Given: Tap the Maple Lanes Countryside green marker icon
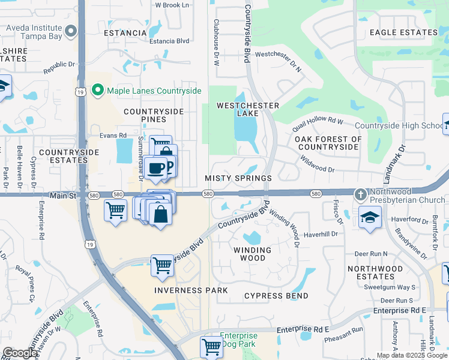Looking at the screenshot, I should point(98,90).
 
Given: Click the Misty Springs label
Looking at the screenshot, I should point(238,178).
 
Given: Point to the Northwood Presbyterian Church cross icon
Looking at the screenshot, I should point(360,194).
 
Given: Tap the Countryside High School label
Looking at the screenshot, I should point(399,125).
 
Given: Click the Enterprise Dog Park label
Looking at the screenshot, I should point(238,340).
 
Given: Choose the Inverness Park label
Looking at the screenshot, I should point(191,290).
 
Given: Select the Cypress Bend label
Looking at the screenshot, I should point(276,296).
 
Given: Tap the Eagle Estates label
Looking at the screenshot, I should point(403,32).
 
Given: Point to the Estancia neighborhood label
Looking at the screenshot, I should point(125,33).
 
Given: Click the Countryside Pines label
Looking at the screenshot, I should point(152,116).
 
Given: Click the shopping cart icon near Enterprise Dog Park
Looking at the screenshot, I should point(211,346).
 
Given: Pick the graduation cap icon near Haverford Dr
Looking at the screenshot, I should point(370,217).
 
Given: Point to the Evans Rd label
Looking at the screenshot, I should point(113,136).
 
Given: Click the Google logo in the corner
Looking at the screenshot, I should point(20,353).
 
